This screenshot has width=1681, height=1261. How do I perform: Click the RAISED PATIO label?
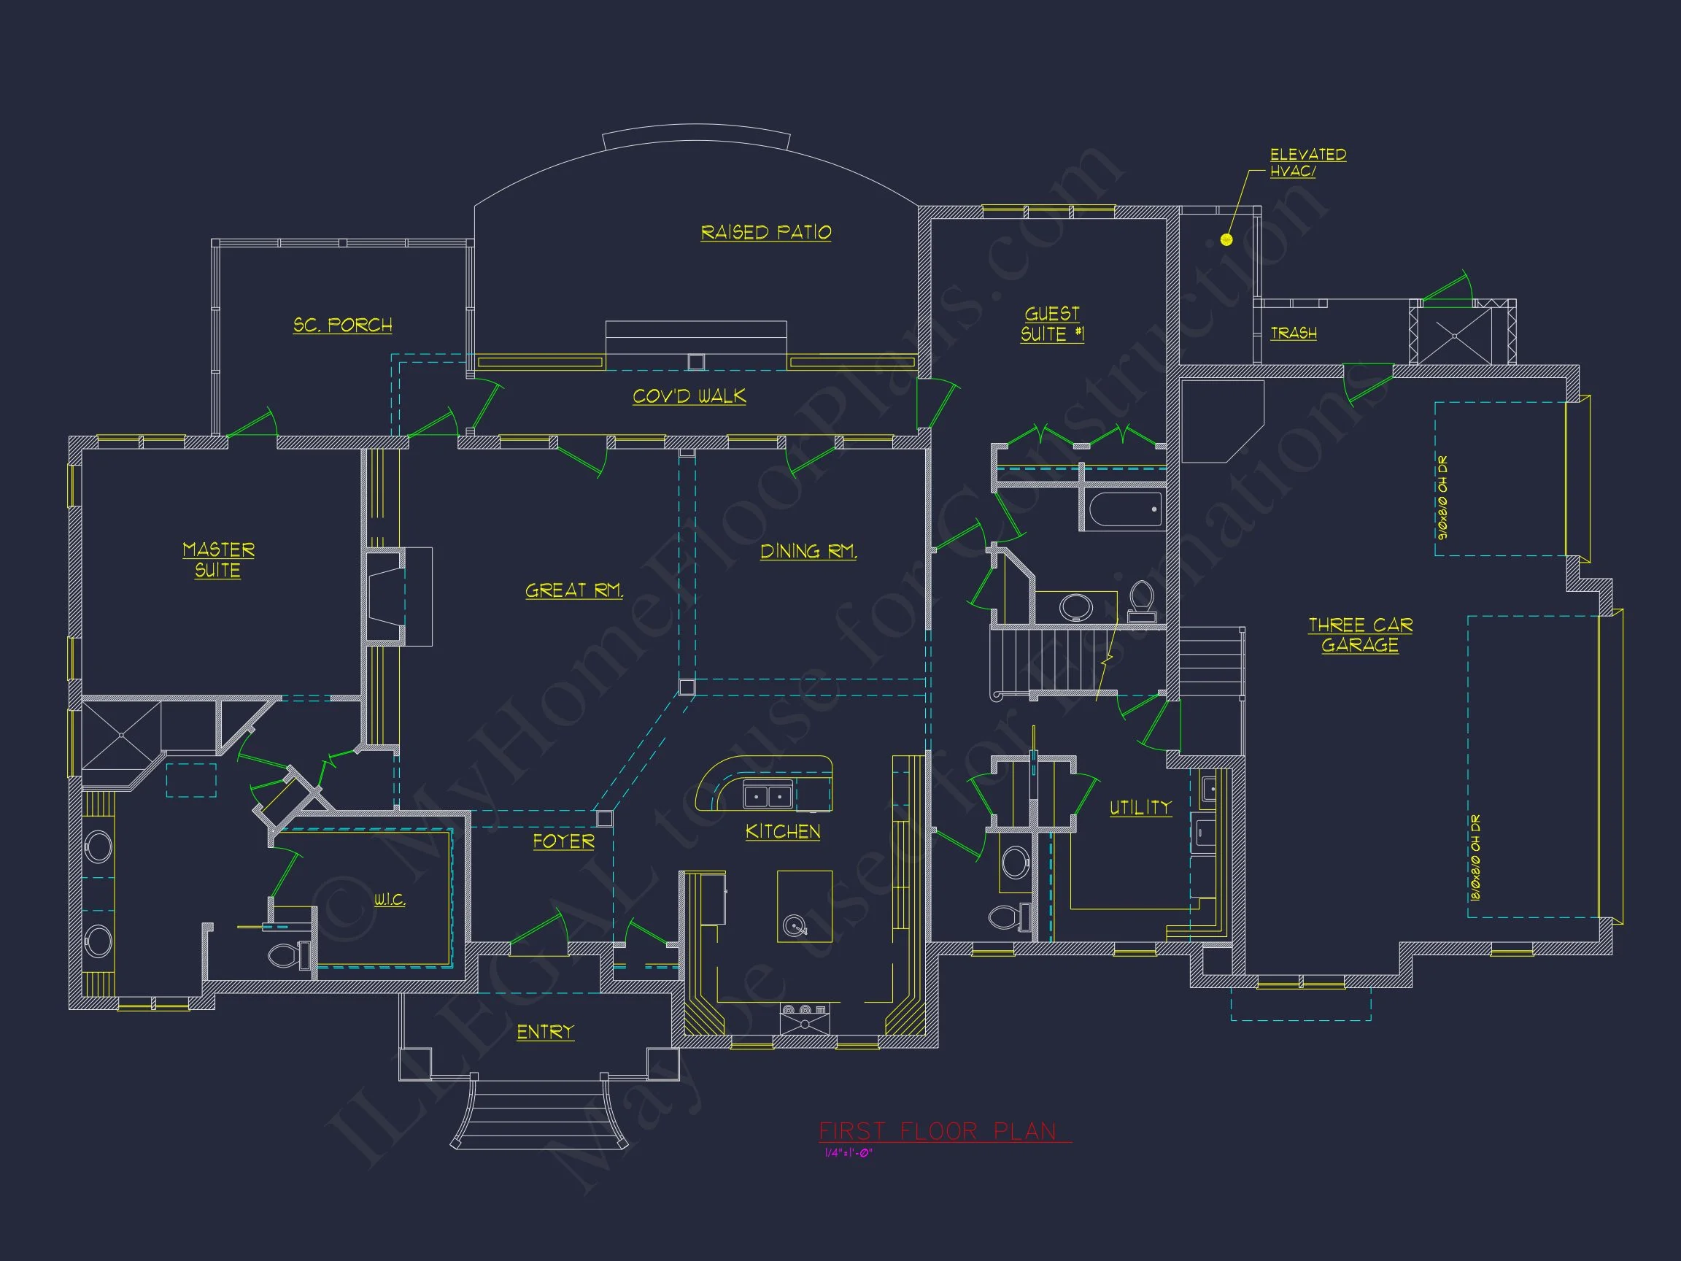click(765, 232)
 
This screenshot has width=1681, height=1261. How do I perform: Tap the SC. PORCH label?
click(343, 325)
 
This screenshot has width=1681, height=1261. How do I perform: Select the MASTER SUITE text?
click(218, 560)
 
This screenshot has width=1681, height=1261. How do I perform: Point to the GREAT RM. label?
click(573, 590)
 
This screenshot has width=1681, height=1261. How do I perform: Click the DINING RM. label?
click(808, 551)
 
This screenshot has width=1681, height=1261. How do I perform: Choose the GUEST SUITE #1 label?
click(1052, 324)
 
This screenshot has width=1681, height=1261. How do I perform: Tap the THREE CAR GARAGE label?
click(1360, 635)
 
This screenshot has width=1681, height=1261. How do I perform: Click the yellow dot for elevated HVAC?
click(1226, 239)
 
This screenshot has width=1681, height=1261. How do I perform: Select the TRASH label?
click(1294, 333)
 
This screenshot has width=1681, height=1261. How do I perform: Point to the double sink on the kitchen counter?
click(768, 796)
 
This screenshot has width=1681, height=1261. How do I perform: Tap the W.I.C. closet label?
click(390, 899)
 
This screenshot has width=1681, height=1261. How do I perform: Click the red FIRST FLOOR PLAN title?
click(937, 1132)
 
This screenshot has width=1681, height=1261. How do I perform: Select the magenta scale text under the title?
click(849, 1153)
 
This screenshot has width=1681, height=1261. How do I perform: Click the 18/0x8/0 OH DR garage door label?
click(1475, 857)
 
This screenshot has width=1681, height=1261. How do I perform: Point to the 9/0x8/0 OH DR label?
click(1442, 497)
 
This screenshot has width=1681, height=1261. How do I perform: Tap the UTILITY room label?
click(1140, 807)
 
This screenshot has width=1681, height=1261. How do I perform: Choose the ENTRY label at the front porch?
click(545, 1031)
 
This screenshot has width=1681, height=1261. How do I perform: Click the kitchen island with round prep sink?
click(804, 906)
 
